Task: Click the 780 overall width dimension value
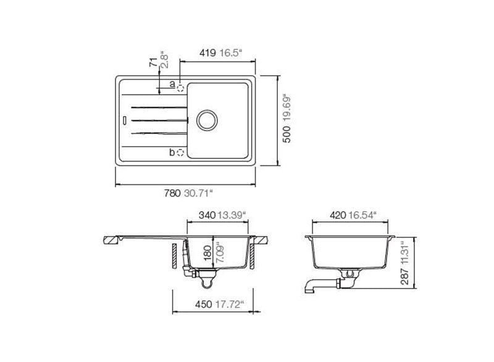(172, 193)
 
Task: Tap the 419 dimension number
(206, 54)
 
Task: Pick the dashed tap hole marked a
(180, 88)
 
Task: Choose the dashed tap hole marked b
(180, 152)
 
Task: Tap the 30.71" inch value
(198, 193)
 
